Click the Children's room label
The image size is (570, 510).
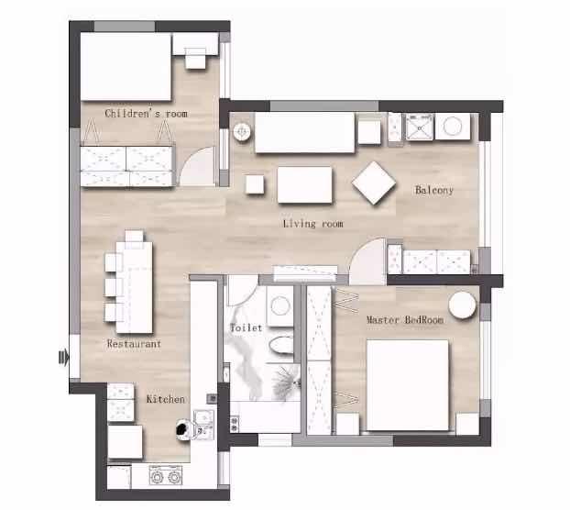click(x=146, y=114)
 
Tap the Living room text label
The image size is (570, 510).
click(x=313, y=223)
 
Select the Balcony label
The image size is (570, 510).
click(x=434, y=190)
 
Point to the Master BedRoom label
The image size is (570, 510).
click(x=405, y=320)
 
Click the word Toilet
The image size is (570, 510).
click(x=247, y=327)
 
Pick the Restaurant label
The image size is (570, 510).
click(x=134, y=343)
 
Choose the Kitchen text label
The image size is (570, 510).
click(x=165, y=399)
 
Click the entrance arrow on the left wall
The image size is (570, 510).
click(x=63, y=357)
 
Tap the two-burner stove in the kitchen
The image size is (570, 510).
click(x=165, y=475)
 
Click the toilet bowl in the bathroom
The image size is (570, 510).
click(x=281, y=346)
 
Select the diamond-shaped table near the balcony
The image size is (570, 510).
click(x=374, y=183)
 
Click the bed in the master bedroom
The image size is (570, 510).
click(x=408, y=385)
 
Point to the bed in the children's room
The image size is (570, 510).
click(x=126, y=66)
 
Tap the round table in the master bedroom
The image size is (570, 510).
click(x=462, y=305)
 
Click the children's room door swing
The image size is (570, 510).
click(x=198, y=166)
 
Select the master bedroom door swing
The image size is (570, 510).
click(x=367, y=261)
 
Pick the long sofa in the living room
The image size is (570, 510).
click(x=304, y=133)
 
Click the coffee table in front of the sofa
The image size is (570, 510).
click(x=304, y=184)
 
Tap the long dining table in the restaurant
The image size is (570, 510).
click(x=134, y=287)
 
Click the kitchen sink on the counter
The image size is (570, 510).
click(x=203, y=424)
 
